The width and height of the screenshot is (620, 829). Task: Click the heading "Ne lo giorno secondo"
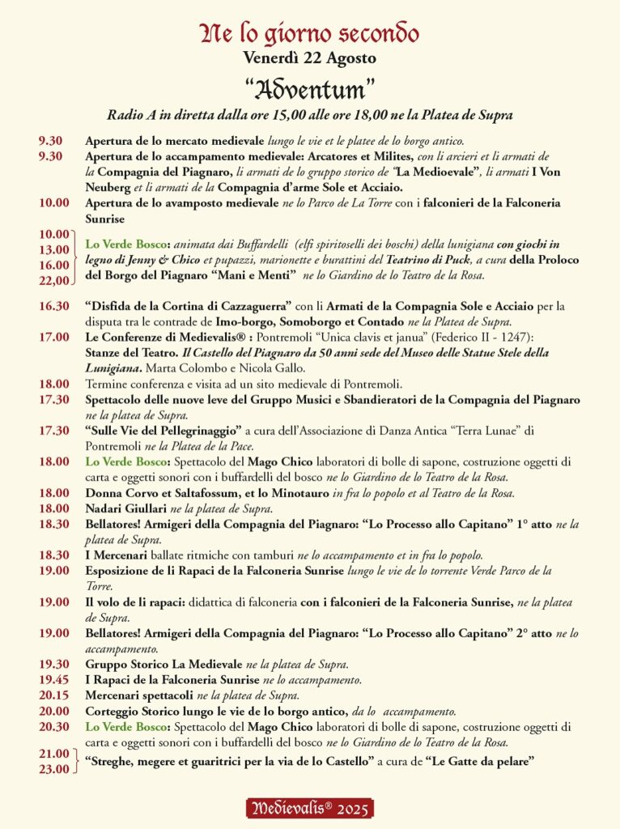click(x=310, y=34)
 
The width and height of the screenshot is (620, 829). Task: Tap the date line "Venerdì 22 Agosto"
click(x=310, y=58)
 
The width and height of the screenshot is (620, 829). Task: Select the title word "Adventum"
click(x=310, y=87)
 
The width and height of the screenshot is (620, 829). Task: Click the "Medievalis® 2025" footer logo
click(x=310, y=808)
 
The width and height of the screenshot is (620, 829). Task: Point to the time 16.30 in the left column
click(x=54, y=306)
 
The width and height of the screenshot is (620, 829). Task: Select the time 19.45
click(x=54, y=679)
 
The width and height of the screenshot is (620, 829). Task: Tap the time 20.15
click(x=54, y=695)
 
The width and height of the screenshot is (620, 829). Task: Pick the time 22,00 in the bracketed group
click(x=54, y=280)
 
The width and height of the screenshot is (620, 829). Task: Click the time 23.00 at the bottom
click(x=54, y=769)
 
